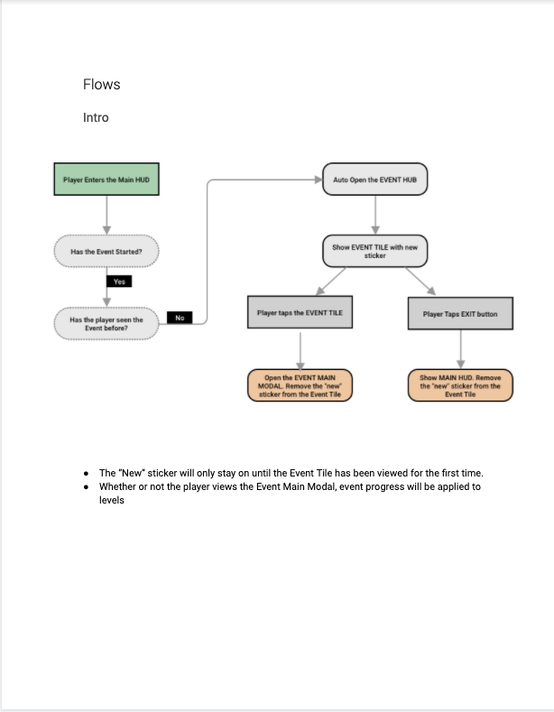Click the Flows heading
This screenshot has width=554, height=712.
click(x=101, y=85)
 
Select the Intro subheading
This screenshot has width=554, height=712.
click(x=96, y=117)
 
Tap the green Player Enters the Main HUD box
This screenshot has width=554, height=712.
click(x=106, y=180)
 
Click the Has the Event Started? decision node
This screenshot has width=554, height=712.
click(x=106, y=251)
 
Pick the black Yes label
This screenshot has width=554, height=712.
click(x=119, y=282)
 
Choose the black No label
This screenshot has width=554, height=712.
click(x=180, y=318)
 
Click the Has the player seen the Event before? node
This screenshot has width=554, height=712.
click(x=106, y=324)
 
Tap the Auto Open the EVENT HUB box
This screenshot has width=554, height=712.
click(x=375, y=180)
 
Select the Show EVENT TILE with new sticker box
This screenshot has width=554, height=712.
click(x=375, y=251)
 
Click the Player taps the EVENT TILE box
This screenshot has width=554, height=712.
click(x=300, y=312)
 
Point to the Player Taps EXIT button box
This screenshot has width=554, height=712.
click(x=460, y=314)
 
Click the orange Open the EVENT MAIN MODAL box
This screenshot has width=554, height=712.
click(x=300, y=385)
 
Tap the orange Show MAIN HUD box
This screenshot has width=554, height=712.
click(x=460, y=385)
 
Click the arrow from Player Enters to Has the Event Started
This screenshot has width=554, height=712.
click(x=106, y=216)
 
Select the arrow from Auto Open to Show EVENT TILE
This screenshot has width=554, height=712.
click(x=375, y=216)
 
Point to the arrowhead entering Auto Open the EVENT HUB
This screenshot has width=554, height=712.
click(x=319, y=180)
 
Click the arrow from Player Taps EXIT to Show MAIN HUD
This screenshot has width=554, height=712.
click(x=460, y=349)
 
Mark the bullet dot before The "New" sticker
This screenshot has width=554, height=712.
click(x=87, y=474)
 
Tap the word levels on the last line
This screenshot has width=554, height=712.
click(x=112, y=500)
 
